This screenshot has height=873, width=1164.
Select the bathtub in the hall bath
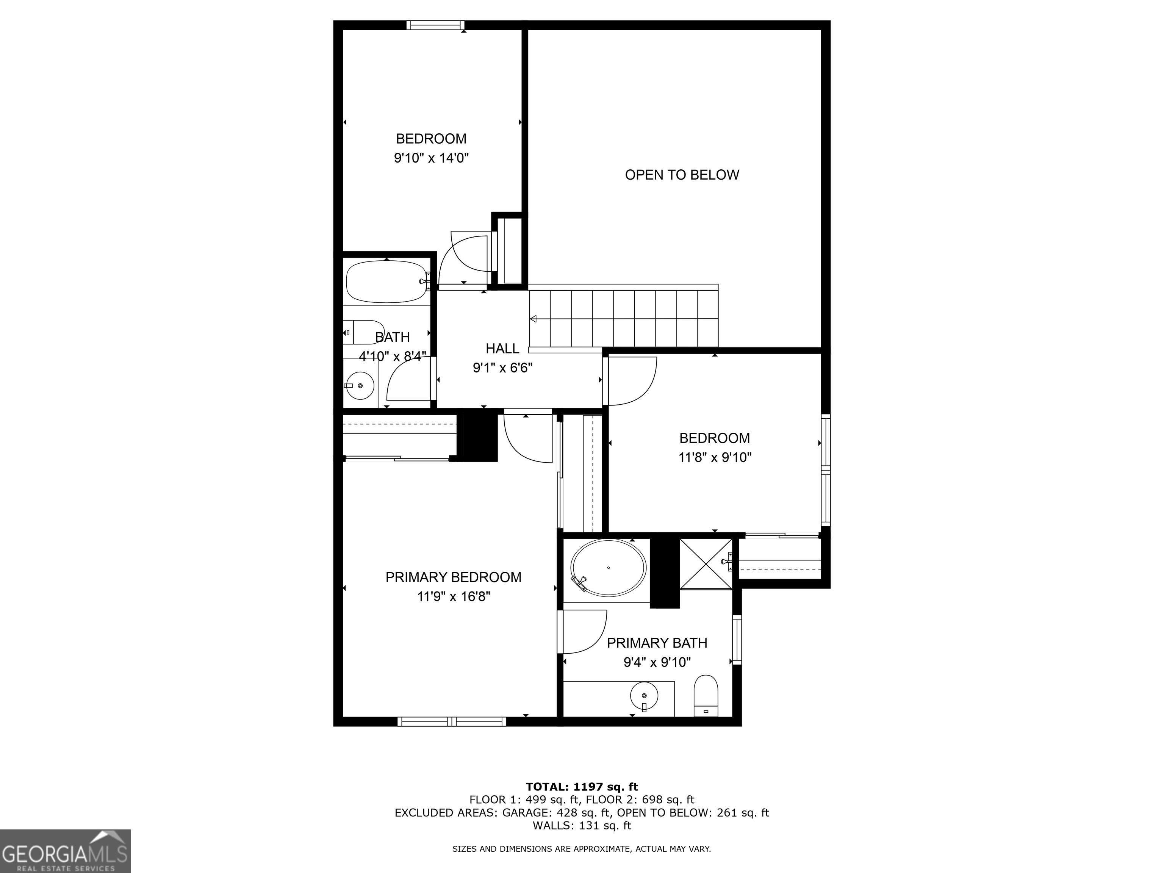387,282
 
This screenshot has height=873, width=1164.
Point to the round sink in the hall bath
360,386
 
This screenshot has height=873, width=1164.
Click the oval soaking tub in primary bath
608,568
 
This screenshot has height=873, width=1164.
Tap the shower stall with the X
705,564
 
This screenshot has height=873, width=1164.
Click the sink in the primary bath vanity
644,696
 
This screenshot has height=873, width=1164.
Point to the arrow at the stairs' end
533,318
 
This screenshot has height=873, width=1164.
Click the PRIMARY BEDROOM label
453,577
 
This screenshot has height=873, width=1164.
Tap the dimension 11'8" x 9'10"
715,457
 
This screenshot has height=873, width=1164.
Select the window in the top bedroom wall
436,25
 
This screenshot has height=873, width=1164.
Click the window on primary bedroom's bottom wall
452,721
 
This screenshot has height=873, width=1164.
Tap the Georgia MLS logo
65,851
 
